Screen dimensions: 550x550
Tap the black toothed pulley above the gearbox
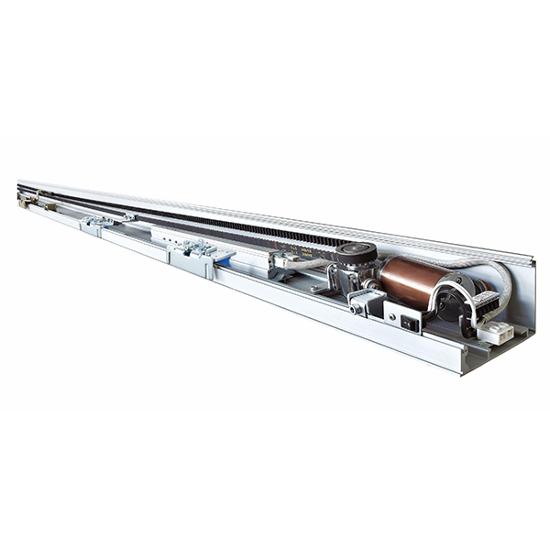(356, 254)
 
